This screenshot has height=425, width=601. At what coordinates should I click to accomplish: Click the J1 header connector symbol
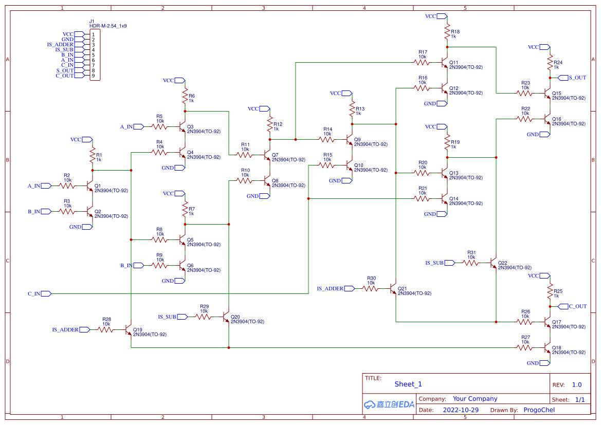(95, 55)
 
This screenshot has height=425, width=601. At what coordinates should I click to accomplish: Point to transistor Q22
(495, 263)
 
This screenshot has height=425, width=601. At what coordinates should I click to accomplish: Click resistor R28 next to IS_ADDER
(106, 329)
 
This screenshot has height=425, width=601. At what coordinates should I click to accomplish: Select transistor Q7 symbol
(267, 155)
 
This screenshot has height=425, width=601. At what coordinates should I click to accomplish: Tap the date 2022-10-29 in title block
(460, 410)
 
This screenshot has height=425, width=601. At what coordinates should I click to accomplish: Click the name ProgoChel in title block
(539, 410)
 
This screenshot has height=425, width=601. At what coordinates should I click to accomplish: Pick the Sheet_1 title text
(408, 384)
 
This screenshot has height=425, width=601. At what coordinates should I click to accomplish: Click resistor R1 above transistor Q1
(93, 156)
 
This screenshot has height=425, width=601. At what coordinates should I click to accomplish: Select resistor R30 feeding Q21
(371, 288)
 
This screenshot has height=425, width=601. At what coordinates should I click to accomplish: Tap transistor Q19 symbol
(130, 329)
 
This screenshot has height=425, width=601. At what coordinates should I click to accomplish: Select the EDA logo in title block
(389, 404)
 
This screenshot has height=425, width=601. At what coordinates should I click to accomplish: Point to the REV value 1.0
(576, 384)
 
